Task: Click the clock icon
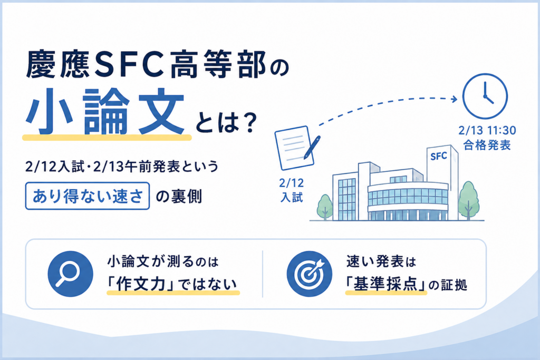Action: coord(485,96)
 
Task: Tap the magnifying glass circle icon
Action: coord(70,274)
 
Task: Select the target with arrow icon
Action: coord(310,274)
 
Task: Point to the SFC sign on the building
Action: coord(438,156)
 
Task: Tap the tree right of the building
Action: coord(469,200)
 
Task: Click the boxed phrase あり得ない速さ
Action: coord(88,196)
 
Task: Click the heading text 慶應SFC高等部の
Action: coord(157,64)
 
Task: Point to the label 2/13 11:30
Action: coord(487,130)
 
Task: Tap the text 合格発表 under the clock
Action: coord(487,145)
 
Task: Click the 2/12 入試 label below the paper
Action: coord(291,190)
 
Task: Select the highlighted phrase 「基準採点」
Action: coord(386,284)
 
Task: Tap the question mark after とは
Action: coord(249,123)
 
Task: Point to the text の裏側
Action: coord(179,196)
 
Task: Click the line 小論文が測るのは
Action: coord(163,262)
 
